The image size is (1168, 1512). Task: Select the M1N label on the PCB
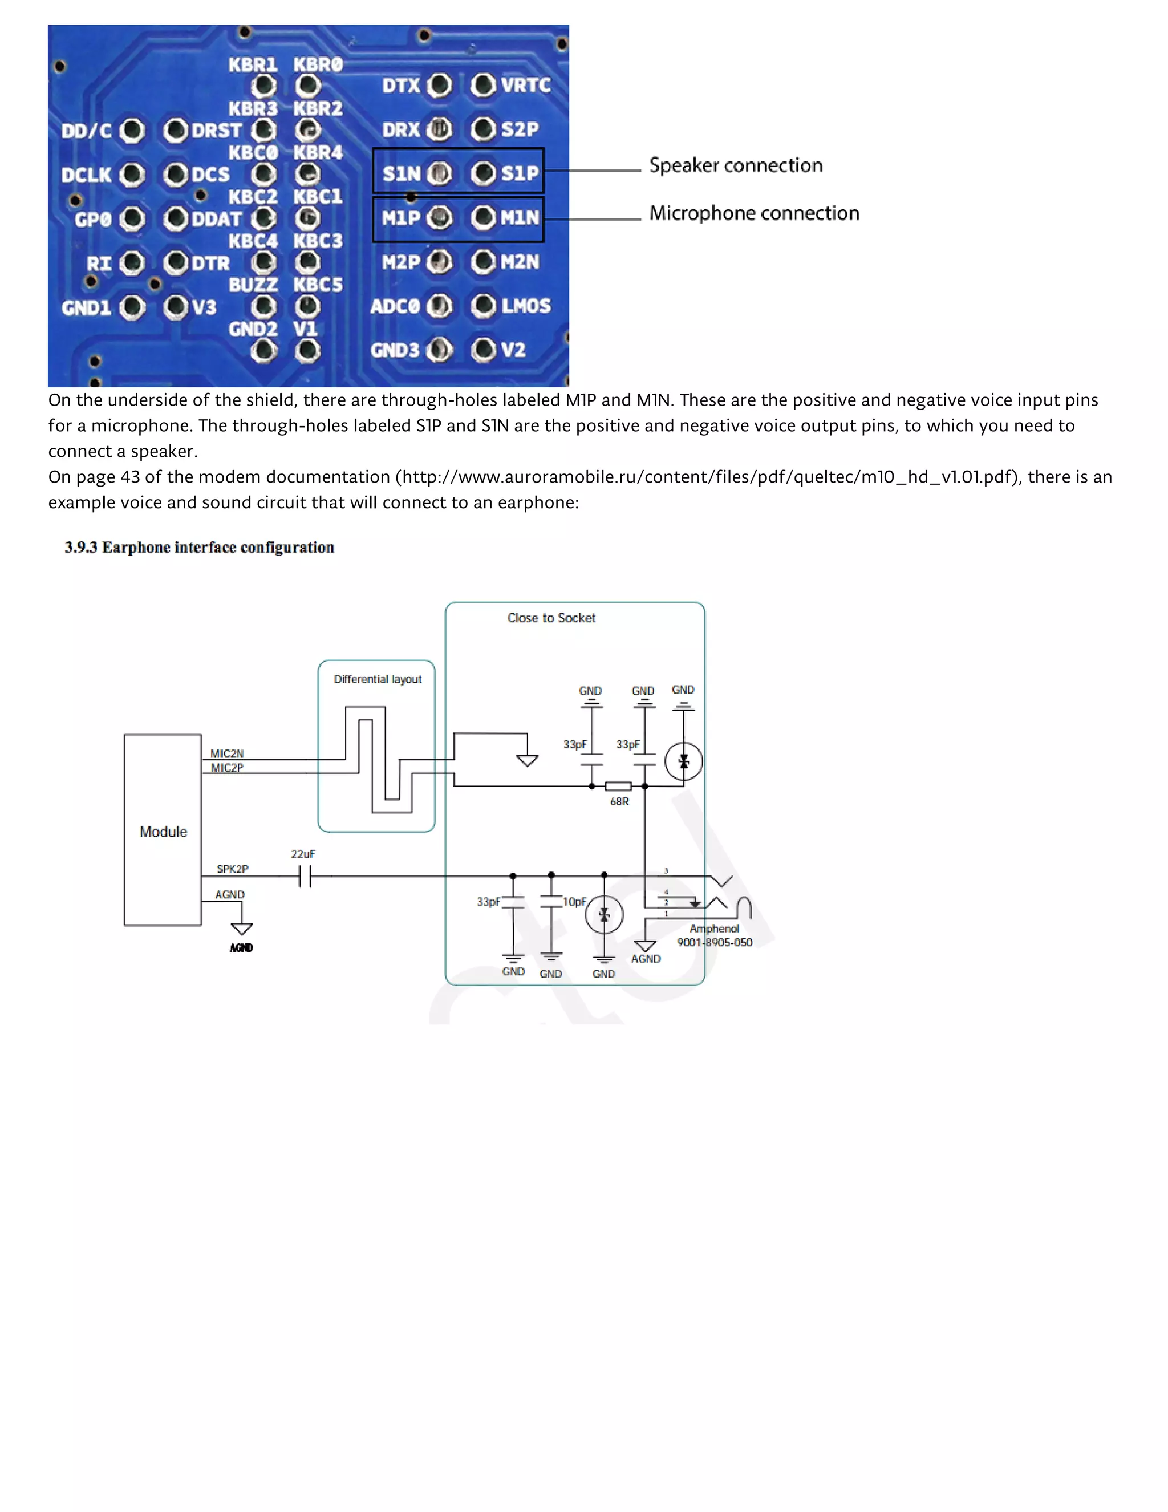(520, 217)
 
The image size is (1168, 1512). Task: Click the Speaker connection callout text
(735, 165)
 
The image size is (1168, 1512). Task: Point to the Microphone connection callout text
(754, 213)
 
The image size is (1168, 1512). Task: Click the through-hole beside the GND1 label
(132, 307)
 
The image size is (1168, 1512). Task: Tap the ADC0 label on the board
(395, 306)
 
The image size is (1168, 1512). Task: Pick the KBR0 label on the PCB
(317, 64)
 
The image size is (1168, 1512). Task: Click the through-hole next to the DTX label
(439, 85)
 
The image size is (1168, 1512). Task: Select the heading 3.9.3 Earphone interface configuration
(200, 547)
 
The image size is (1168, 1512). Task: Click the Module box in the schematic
(163, 831)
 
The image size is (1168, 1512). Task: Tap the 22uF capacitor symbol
(305, 877)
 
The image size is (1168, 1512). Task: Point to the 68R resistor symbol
(618, 787)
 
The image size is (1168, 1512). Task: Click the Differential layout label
(378, 679)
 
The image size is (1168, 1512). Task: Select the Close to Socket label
(551, 618)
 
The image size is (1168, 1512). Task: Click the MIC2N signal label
(226, 753)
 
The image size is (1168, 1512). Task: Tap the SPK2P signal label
(232, 869)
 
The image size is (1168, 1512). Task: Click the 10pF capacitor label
(574, 901)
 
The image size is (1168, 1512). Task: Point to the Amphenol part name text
(714, 929)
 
